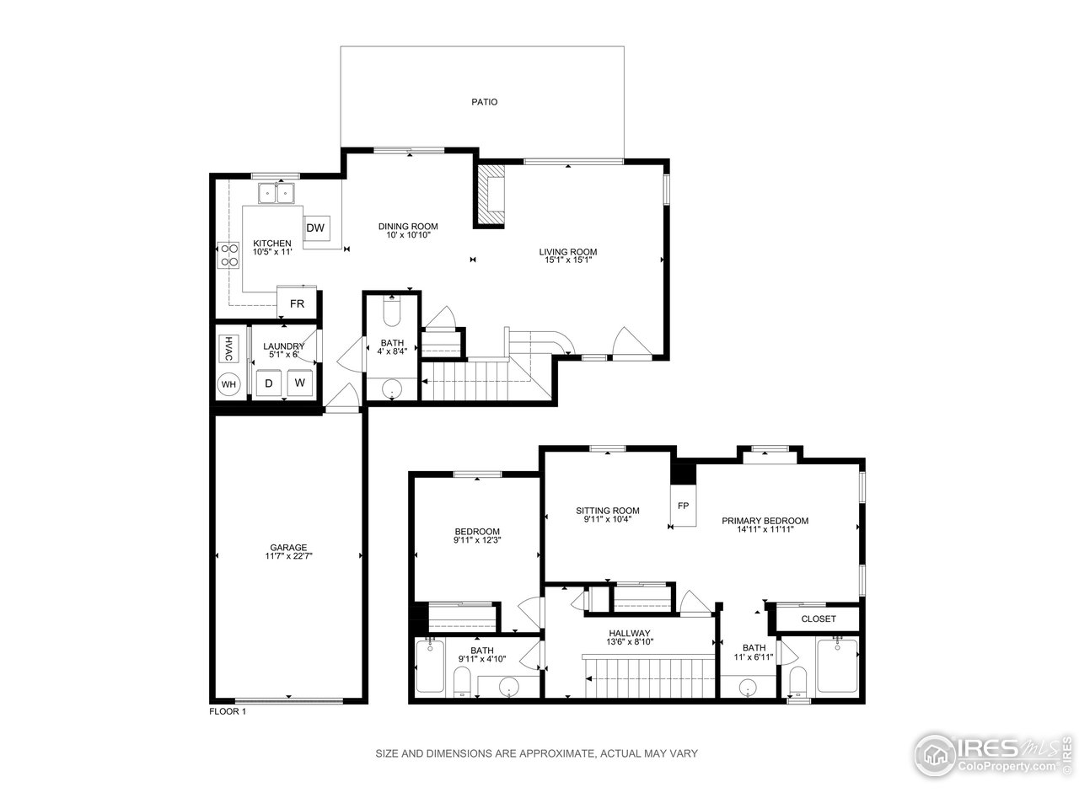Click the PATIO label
click(x=484, y=102)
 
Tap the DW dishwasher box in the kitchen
click(x=315, y=228)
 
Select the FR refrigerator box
click(x=297, y=303)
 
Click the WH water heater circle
click(x=228, y=384)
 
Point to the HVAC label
click(x=228, y=347)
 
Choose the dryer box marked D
click(x=269, y=383)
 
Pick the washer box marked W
click(x=299, y=383)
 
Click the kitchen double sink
click(x=276, y=194)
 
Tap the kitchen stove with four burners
click(x=228, y=254)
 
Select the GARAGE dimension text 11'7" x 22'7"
click(x=288, y=556)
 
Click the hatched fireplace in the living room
click(x=490, y=195)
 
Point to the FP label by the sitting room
click(x=683, y=506)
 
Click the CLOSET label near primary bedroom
click(x=818, y=619)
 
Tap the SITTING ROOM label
click(x=607, y=510)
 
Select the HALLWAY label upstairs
click(x=630, y=633)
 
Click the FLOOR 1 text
click(x=228, y=711)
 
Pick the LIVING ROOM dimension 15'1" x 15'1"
click(x=568, y=260)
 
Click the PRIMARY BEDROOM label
click(x=765, y=521)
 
